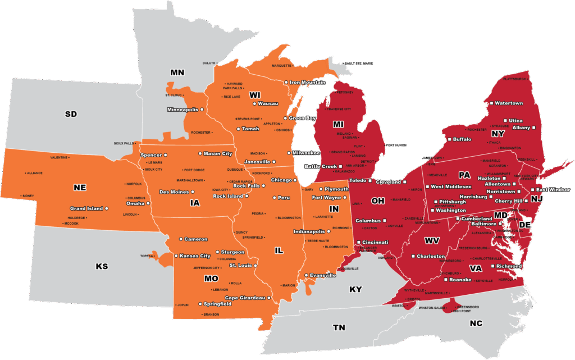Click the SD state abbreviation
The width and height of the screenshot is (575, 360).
pos(71,114)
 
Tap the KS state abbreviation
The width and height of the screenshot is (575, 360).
pos(102,266)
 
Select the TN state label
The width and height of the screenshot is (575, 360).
pos(339,327)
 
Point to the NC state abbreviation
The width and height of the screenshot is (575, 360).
pos(476,323)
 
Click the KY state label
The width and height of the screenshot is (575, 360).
pos(356,289)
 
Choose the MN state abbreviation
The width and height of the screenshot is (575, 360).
pos(177,72)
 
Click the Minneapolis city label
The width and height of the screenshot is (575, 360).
pos(182,109)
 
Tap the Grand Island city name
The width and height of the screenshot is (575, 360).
pos(86,208)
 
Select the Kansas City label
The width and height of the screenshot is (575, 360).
pos(195,256)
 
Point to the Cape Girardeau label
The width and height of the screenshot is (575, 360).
pos(245,298)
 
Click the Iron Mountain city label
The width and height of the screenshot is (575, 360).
pos(307,83)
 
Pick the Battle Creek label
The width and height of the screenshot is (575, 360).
pos(320,166)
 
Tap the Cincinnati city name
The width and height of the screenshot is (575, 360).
pos(376,242)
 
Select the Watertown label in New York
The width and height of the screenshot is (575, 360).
pos(509,103)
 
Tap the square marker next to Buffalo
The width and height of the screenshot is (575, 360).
pos(449,139)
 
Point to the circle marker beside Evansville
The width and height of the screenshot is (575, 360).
pos(306,275)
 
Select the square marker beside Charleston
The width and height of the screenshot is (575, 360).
pos(412,256)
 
